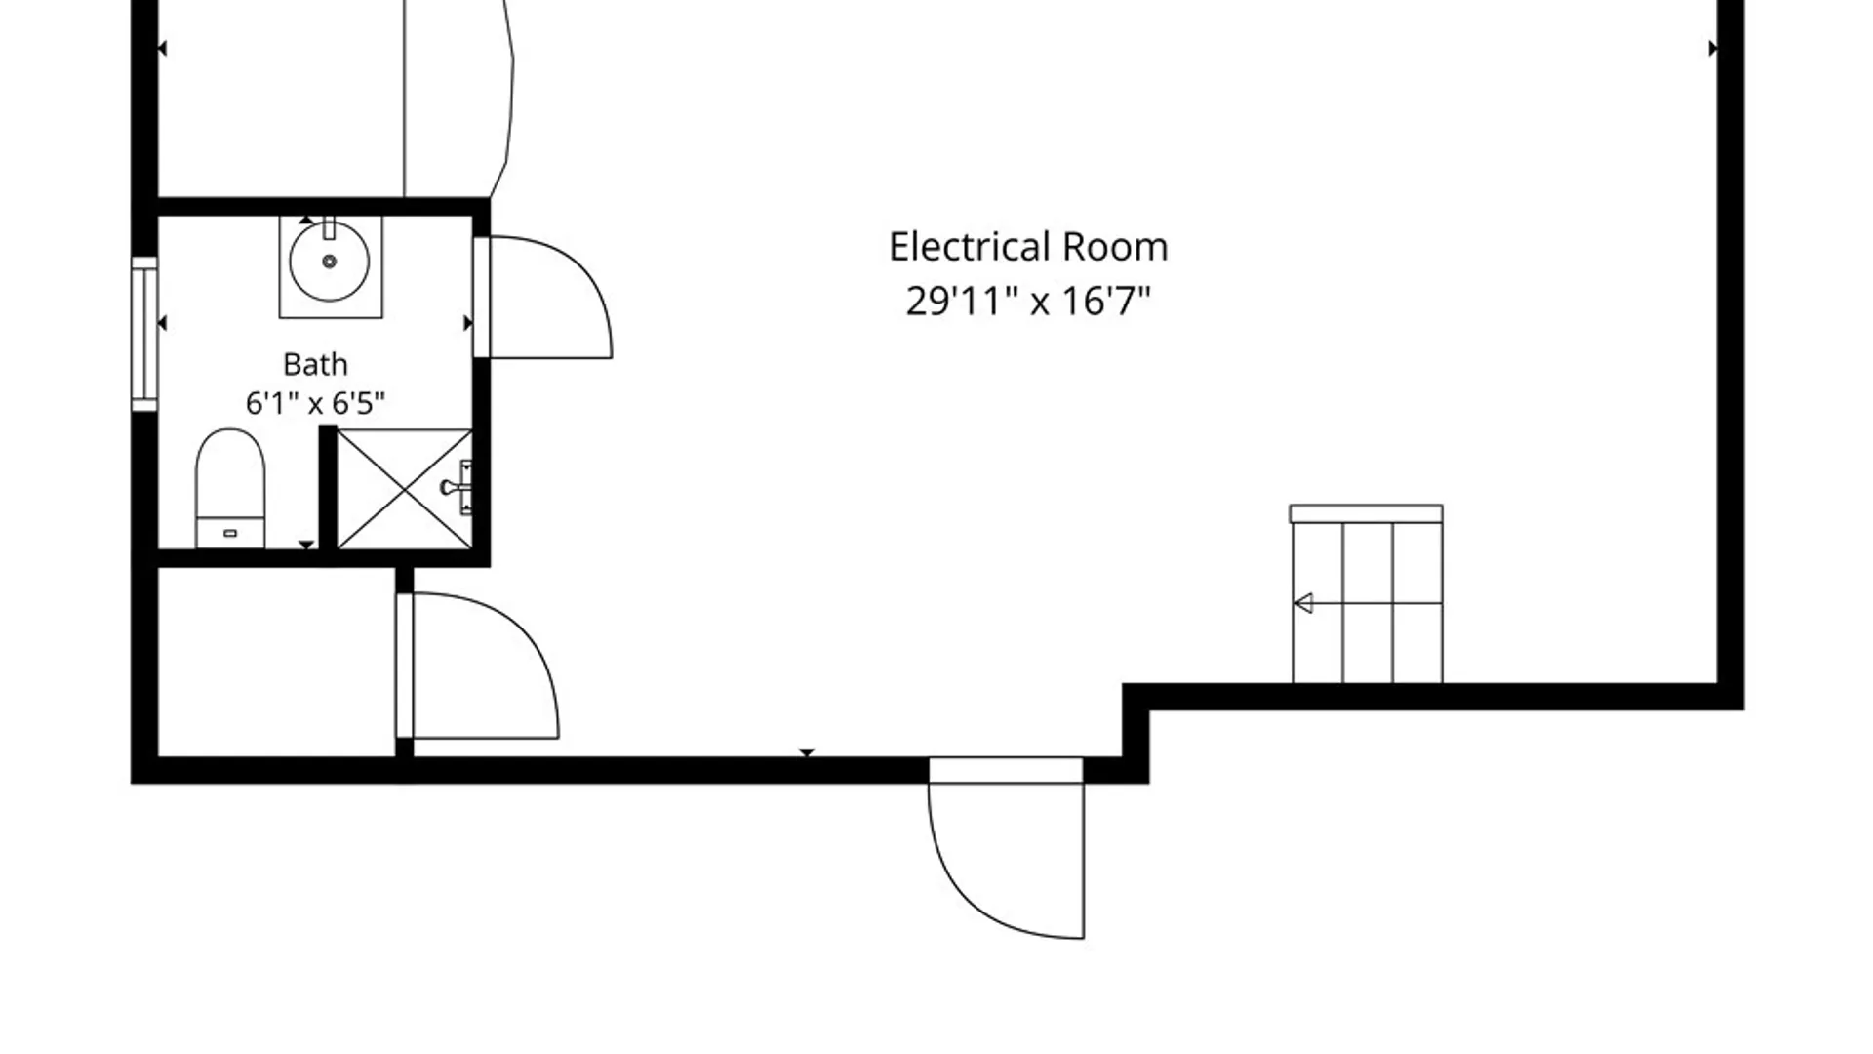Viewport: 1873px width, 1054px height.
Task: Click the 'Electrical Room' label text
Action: click(x=1028, y=247)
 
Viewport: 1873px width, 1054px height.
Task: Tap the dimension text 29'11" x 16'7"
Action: click(x=1028, y=301)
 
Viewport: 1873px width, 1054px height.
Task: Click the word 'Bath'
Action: click(x=315, y=364)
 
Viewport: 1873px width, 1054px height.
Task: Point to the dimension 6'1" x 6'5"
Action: click(x=315, y=402)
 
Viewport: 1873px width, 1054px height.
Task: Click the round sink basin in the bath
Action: click(x=329, y=262)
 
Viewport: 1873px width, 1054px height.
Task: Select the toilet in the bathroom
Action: click(x=230, y=488)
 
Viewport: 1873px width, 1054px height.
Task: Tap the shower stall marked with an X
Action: click(x=404, y=489)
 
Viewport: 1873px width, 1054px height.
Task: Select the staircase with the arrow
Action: click(x=1367, y=594)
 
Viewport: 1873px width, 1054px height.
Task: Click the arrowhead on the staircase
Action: click(x=1303, y=603)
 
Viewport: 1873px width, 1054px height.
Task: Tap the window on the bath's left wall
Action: click(x=144, y=334)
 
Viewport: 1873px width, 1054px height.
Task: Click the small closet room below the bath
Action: click(x=276, y=662)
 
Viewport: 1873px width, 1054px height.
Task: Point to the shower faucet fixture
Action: click(x=458, y=487)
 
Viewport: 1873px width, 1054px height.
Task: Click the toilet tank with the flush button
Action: click(x=230, y=533)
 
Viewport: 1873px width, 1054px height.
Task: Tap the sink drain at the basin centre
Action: click(x=329, y=262)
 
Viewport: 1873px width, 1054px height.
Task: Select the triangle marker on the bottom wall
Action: click(x=807, y=752)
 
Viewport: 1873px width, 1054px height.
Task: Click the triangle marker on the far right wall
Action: click(x=1713, y=48)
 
